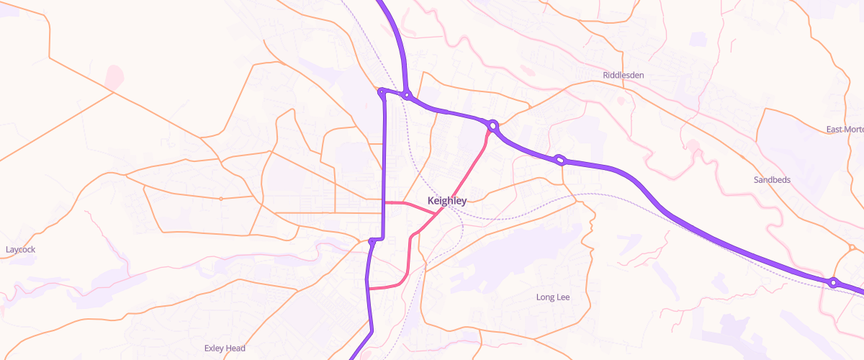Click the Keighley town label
446,201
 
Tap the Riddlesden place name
623,75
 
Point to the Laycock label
20,250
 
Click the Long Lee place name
553,297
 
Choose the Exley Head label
225,348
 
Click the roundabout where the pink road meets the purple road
493,126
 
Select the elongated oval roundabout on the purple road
559,159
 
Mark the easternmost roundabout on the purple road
833,283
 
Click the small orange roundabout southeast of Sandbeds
852,248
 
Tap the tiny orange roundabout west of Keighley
220,198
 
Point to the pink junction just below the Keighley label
436,213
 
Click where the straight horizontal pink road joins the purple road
384,203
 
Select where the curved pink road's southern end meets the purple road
369,289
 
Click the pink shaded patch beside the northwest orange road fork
114,76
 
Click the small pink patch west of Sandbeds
693,146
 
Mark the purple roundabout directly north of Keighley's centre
407,94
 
